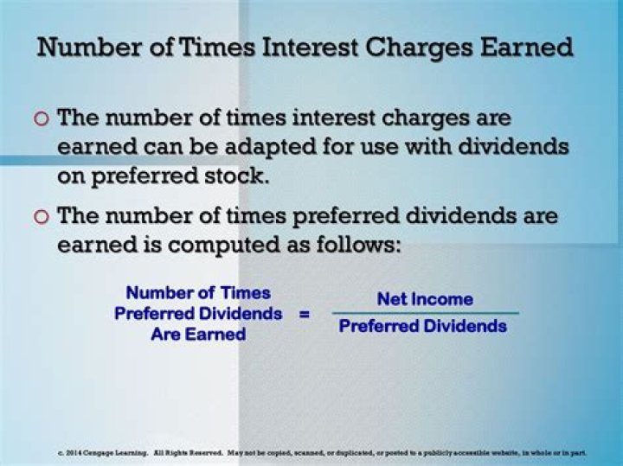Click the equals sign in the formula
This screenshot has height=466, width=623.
[304, 313]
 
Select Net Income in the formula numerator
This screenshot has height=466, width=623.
[425, 299]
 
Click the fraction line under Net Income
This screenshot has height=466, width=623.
[425, 313]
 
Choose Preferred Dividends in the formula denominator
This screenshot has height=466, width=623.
[423, 327]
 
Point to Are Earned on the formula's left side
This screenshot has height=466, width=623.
[198, 334]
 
